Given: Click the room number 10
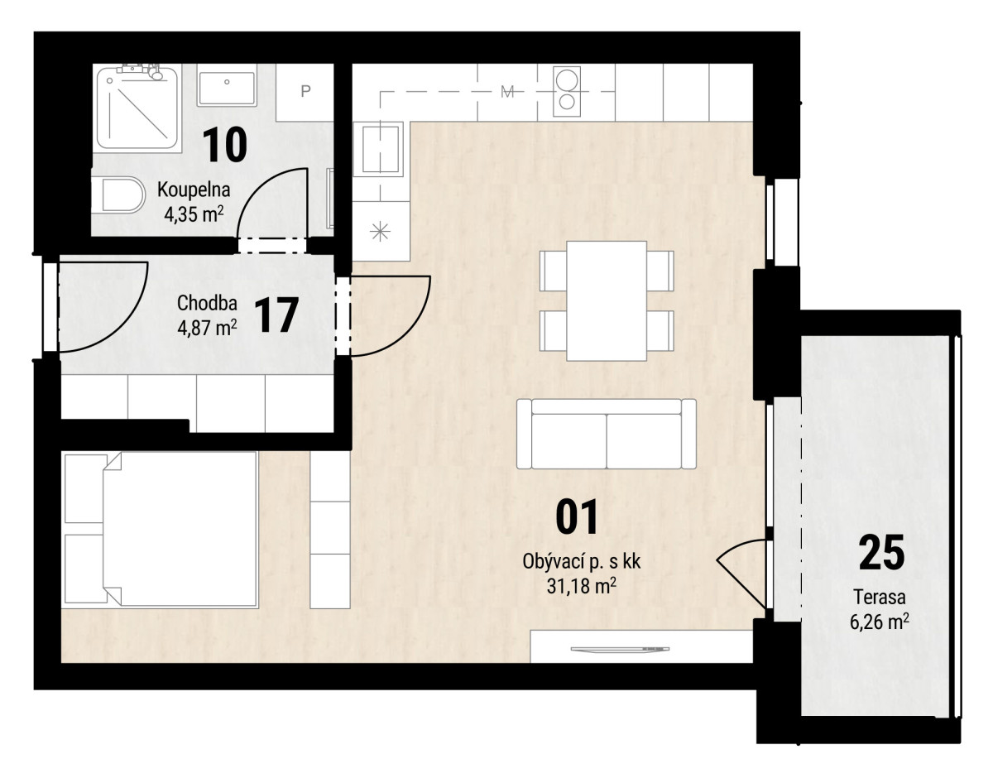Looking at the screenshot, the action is click(224, 145).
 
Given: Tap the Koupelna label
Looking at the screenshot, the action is click(194, 190).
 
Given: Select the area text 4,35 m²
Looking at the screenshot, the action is click(194, 214).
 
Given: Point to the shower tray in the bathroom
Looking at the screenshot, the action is click(137, 108).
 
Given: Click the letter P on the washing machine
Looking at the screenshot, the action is click(305, 91).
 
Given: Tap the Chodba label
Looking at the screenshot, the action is click(207, 303).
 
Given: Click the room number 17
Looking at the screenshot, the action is click(276, 315).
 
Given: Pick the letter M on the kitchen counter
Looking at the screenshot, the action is click(507, 92).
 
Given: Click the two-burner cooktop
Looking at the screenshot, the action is click(567, 91).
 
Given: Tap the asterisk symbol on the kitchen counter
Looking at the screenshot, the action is click(380, 231).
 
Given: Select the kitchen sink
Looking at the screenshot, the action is click(381, 149).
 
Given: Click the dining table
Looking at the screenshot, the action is click(607, 300).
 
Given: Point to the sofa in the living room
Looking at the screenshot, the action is click(607, 434).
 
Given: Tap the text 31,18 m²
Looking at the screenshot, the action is click(581, 586).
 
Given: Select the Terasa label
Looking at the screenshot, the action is click(880, 597).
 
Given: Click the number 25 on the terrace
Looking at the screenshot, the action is click(881, 552).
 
